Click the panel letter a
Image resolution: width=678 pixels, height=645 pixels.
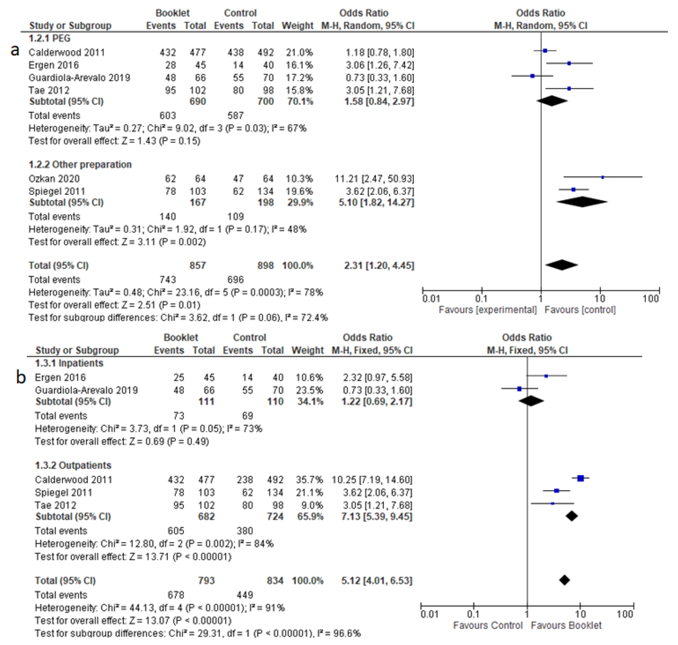15,50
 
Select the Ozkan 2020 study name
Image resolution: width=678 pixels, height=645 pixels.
54,179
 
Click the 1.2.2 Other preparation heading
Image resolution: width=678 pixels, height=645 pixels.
80,164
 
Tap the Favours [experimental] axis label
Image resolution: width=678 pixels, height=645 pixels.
487,310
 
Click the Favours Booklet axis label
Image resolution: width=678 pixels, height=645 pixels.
566,625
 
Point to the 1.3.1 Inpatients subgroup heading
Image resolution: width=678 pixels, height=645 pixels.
69,363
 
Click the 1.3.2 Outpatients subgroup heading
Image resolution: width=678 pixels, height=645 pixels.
73,465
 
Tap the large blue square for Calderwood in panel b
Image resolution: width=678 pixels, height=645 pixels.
580,478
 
